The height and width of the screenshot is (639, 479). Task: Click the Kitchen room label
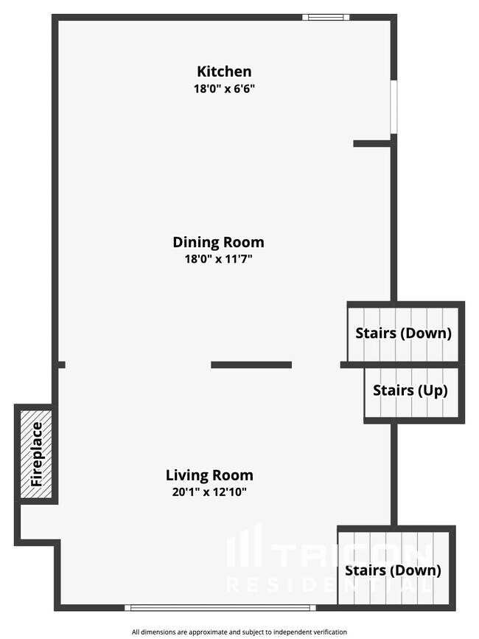click(224, 72)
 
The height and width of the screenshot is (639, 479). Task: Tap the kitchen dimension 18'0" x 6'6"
click(224, 89)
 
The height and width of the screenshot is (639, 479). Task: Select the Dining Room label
click(219, 242)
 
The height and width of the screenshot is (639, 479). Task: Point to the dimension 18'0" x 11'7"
click(219, 259)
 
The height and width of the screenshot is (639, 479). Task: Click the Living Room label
click(209, 475)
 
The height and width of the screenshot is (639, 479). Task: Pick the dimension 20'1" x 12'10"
click(209, 492)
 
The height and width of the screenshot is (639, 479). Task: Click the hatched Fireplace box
click(36, 454)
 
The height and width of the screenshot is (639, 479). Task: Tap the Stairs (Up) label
click(410, 390)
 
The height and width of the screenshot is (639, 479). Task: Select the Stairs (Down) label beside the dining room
click(403, 333)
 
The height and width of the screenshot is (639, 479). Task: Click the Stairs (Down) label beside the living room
click(393, 570)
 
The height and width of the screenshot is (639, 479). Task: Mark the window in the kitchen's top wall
click(326, 17)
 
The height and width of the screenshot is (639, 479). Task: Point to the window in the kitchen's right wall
click(394, 107)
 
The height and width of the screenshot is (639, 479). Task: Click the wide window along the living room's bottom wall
click(220, 607)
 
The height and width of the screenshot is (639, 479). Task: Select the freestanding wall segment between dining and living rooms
click(251, 365)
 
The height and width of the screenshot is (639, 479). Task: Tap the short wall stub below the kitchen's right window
click(372, 143)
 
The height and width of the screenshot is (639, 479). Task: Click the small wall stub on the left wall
click(60, 365)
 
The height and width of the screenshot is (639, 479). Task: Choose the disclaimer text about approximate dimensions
click(239, 632)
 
